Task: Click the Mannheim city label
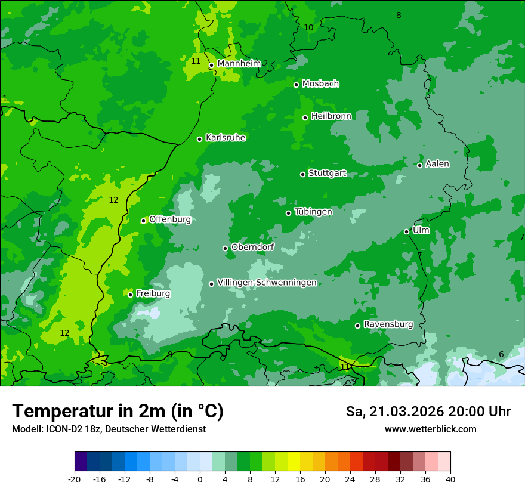click(239, 64)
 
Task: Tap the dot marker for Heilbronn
click(305, 117)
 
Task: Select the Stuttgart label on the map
click(327, 174)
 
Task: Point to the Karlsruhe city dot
click(199, 139)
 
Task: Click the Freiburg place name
click(153, 293)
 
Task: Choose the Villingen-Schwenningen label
click(267, 283)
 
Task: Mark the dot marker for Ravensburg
click(357, 326)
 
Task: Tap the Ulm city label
click(421, 230)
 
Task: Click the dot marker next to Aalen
click(419, 165)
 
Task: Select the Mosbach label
click(320, 84)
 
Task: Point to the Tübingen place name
click(313, 212)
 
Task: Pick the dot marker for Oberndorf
click(225, 248)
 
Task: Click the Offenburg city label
click(170, 219)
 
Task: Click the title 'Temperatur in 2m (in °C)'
click(118, 411)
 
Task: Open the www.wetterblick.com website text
click(430, 429)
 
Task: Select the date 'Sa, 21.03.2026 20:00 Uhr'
click(428, 412)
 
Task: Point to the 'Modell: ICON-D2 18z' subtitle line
click(109, 429)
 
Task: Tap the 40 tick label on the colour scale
click(450, 479)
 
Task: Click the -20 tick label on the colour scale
click(75, 479)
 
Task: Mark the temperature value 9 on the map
click(170, 354)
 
